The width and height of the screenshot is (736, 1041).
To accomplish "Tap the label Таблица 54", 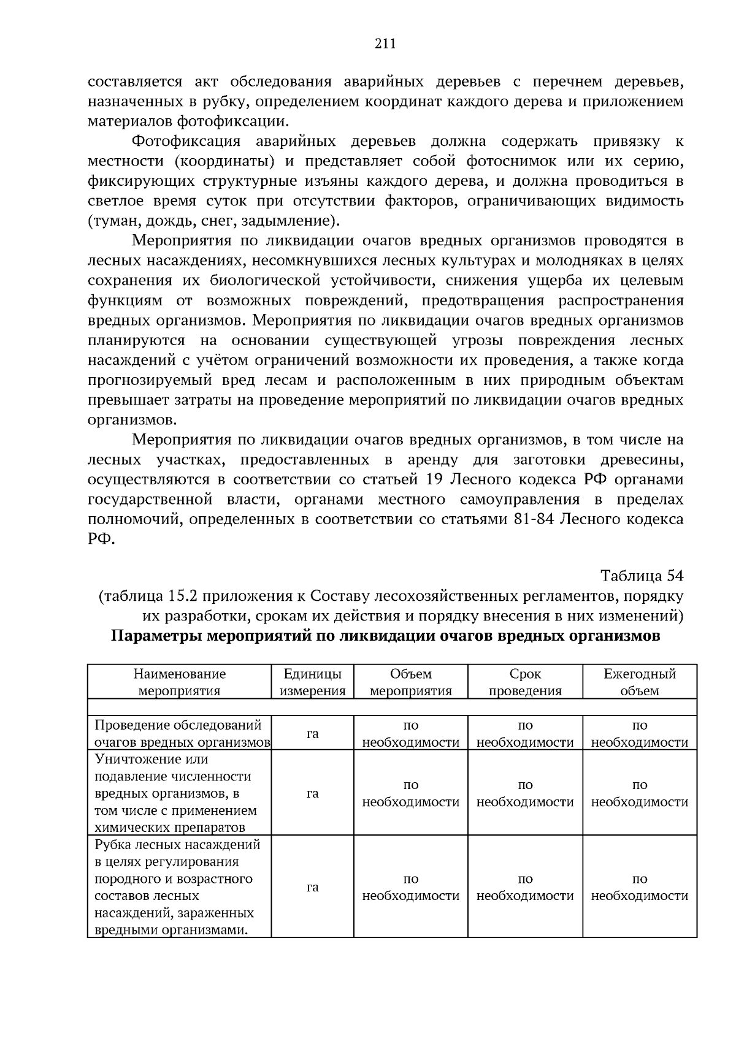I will (x=642, y=576).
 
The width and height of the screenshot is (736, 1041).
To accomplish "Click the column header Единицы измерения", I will (x=312, y=682).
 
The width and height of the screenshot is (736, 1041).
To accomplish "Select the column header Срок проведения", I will (x=525, y=682).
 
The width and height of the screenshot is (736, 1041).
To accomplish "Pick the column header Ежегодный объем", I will (x=639, y=682).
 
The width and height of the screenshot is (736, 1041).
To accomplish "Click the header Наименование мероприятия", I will (x=180, y=682).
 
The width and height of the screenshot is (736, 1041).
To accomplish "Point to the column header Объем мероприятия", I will (x=411, y=682).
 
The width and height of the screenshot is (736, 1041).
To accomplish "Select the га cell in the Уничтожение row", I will (x=312, y=793).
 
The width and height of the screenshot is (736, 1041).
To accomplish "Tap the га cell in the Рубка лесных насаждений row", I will (x=312, y=887).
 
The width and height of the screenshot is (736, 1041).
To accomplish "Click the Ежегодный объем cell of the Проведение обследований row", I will (x=639, y=734).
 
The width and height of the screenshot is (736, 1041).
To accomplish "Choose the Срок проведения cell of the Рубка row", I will (x=525, y=887).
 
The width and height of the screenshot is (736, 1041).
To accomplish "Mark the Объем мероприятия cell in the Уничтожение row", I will (x=411, y=793).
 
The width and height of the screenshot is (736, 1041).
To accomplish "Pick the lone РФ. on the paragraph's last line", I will (x=101, y=540).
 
